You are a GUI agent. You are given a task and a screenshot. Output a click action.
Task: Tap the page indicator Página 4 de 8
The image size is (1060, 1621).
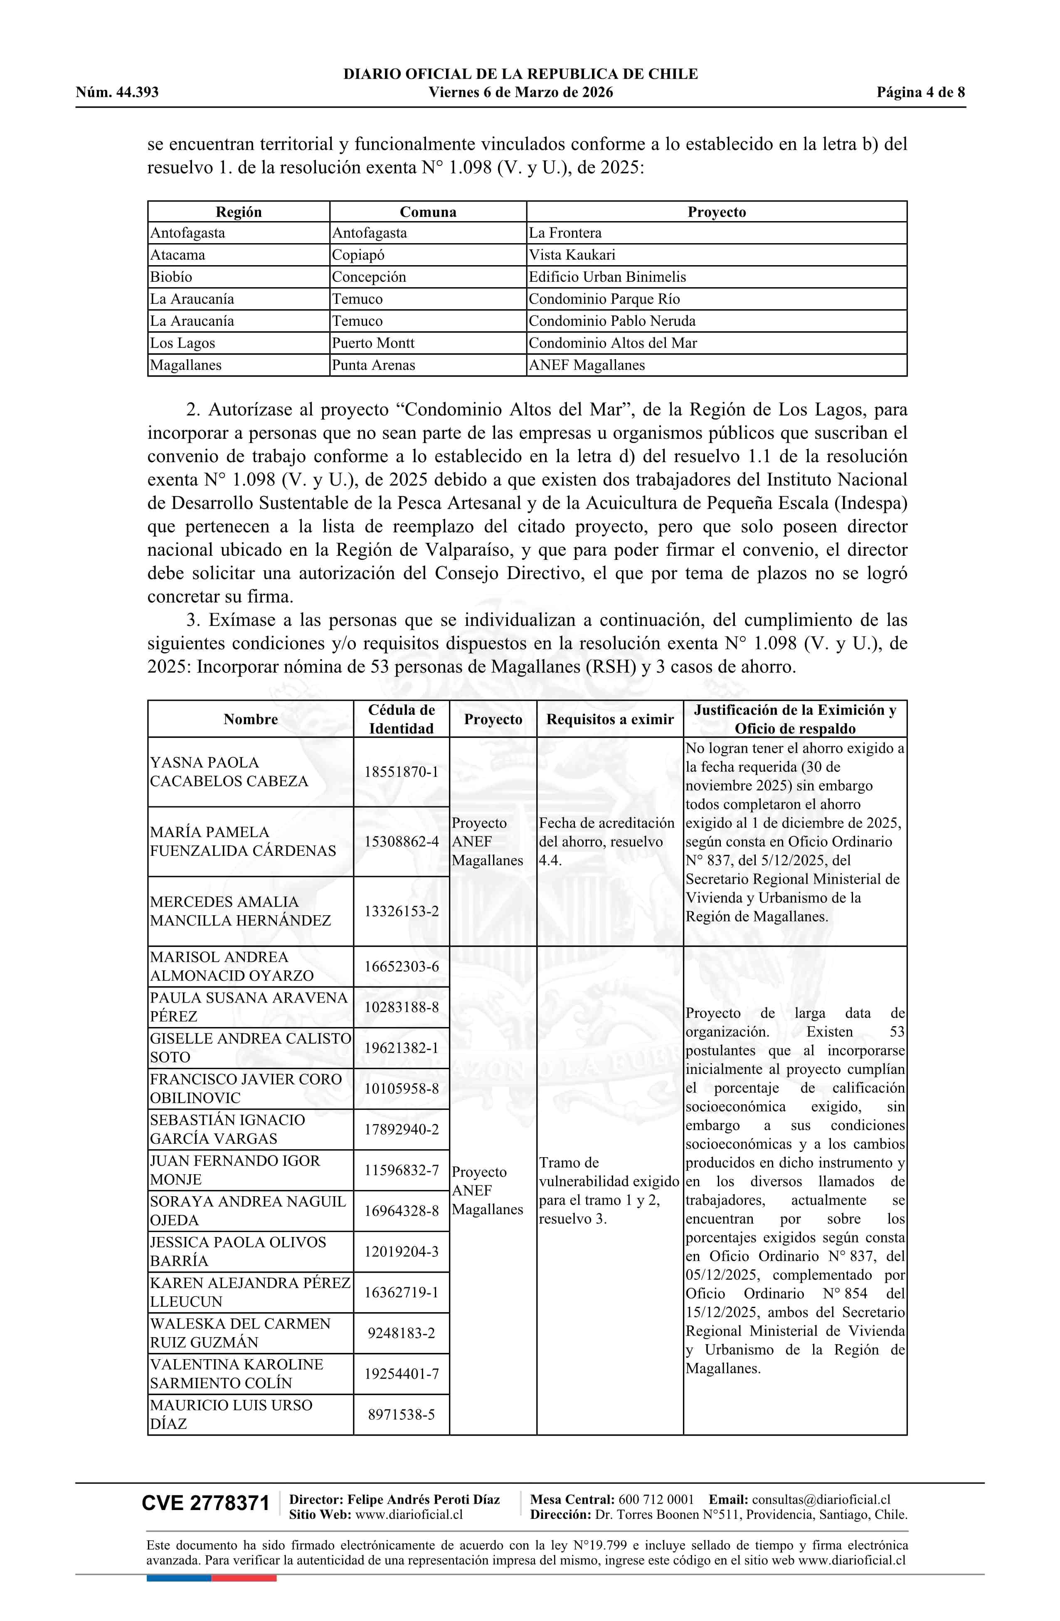point(920,93)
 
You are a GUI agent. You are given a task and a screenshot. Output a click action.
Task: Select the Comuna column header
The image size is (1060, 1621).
point(428,212)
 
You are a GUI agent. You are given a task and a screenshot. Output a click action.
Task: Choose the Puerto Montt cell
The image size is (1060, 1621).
point(373,343)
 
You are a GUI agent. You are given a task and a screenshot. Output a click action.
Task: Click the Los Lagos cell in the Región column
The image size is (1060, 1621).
point(182,343)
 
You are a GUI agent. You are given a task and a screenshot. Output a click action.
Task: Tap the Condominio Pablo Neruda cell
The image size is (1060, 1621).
point(612,321)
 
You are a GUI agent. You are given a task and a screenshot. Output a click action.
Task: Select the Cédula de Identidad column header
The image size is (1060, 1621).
point(401,719)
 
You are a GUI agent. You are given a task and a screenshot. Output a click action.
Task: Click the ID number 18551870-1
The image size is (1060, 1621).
point(401,772)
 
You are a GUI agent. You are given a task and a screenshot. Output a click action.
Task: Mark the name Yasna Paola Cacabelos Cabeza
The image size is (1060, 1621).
point(229,772)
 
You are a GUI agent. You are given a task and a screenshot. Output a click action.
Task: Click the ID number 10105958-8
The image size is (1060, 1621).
point(401,1089)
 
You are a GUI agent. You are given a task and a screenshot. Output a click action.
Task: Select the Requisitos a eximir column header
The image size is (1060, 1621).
point(610,719)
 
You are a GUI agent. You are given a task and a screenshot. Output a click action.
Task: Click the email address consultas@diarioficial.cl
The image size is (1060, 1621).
point(821,1499)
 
